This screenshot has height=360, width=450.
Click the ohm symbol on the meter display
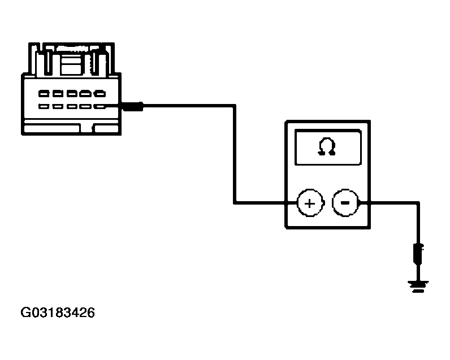pos(327,147)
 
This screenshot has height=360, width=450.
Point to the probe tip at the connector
pos(133,105)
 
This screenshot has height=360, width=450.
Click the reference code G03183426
pos(58,313)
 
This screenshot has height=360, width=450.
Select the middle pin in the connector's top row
pos(72,93)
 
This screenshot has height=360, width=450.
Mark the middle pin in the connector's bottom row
pos(72,106)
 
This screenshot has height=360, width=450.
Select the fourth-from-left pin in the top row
pos(85,93)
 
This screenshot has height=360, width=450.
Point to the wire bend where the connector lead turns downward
pos(235,105)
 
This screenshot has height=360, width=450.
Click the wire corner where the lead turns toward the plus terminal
pos(235,202)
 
